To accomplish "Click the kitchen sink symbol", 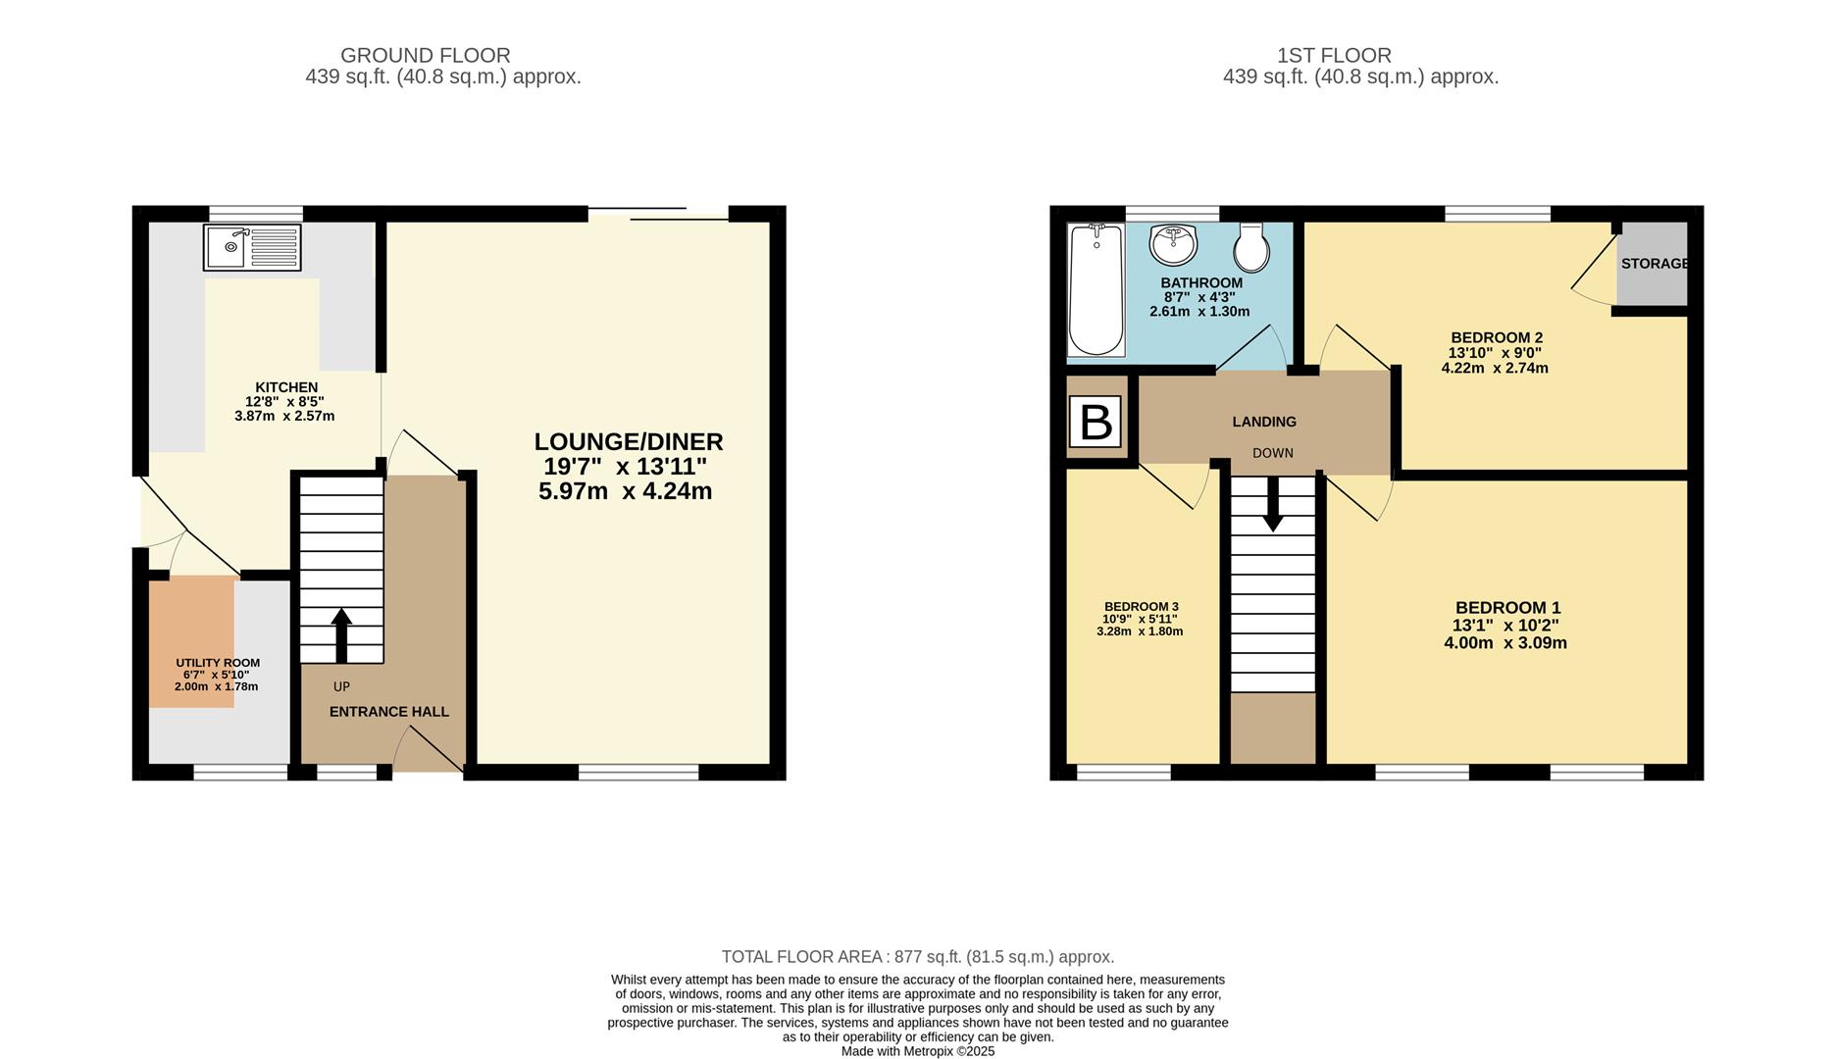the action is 252,247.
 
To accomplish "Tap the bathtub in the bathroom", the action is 1096,290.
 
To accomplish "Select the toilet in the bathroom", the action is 1250,247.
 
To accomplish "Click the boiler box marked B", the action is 1095,423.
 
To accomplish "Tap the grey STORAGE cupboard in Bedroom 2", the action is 1653,264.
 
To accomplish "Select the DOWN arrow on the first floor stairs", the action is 1272,504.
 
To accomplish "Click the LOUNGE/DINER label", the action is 629,442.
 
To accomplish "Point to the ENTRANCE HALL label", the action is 389,712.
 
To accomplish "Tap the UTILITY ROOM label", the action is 218,663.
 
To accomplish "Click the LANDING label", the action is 1264,422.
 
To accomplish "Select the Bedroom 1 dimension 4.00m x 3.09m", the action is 1505,643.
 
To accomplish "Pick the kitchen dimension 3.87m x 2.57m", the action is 284,416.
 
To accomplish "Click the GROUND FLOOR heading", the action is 426,56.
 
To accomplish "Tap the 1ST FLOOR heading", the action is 1334,56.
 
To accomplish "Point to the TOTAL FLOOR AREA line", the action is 918,957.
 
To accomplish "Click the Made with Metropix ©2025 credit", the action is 918,1051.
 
